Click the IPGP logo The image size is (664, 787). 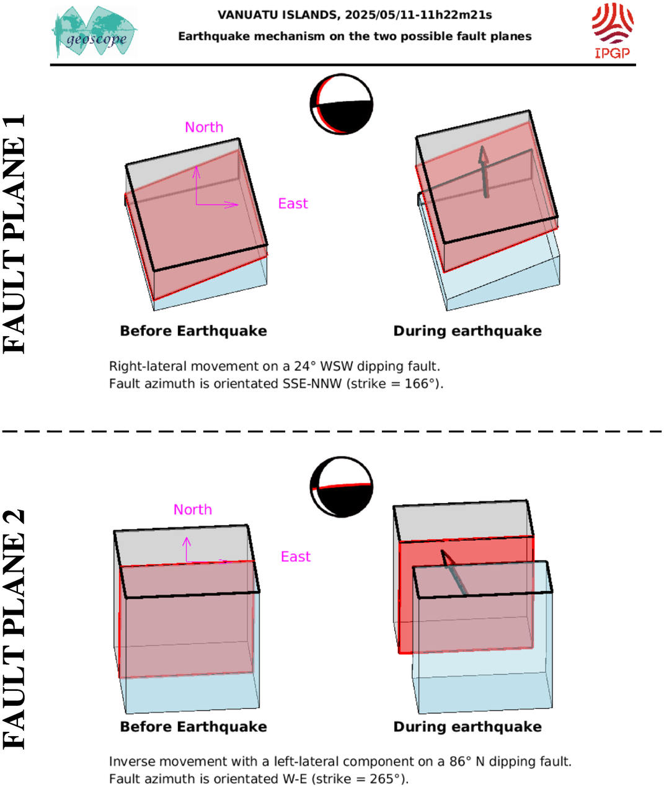pos(613,31)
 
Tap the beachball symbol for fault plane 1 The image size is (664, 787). pos(342,104)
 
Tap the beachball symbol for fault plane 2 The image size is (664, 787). pos(342,487)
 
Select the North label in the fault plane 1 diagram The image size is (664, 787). pos(204,127)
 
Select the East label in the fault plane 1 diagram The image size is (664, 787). pos(293,203)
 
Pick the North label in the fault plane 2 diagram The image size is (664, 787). pos(193,510)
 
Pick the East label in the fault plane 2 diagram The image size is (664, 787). pos(296,557)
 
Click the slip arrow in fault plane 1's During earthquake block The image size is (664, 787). pos(485,172)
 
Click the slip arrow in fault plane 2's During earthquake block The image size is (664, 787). pos(454,572)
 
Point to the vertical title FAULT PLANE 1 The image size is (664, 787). pos(14,234)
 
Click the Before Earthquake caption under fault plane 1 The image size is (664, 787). pos(193,331)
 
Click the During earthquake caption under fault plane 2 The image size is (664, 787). pos(467,727)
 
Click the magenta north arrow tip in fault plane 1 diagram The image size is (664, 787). pos(197,166)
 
